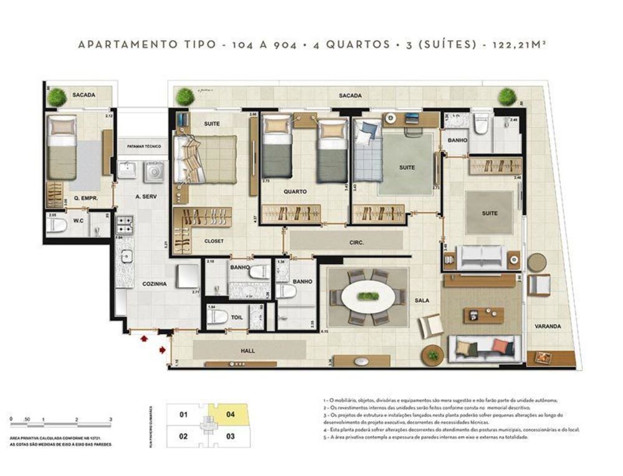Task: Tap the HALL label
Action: coord(247,351)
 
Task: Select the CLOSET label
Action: coord(214,240)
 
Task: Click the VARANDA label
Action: coord(548,326)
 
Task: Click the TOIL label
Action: coord(237,317)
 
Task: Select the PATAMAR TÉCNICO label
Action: coord(144,146)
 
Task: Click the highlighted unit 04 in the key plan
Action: coord(230,414)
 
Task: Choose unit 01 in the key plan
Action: coord(183,414)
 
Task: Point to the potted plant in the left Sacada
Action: coord(57,97)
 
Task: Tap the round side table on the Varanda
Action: coord(536,262)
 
